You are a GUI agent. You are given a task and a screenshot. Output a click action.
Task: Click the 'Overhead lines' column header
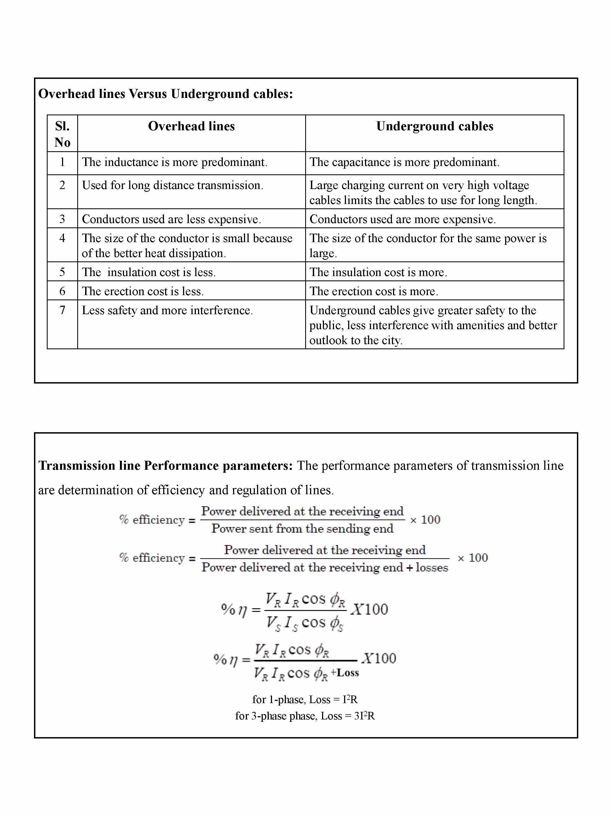pos(191,126)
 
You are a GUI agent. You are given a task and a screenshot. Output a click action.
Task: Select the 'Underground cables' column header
pos(435,126)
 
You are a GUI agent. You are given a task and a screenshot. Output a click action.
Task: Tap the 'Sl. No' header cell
pos(62,134)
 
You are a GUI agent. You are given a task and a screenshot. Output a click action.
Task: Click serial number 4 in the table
pos(62,238)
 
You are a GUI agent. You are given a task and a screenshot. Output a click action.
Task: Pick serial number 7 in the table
pos(62,310)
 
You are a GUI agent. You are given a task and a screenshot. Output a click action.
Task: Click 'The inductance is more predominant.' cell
pos(175,162)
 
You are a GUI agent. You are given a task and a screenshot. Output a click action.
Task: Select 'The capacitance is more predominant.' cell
pos(404,162)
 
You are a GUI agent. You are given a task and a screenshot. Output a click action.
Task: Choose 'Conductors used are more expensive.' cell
pos(403,220)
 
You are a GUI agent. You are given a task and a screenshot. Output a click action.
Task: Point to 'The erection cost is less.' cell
pos(143,291)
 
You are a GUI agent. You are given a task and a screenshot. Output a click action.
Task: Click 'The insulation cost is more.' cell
pos(378,272)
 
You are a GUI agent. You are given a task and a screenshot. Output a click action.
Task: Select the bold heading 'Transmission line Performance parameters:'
pos(166,466)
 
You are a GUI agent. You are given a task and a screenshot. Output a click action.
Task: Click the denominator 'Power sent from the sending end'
pos(302,528)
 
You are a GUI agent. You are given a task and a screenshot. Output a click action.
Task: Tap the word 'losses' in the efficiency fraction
pos(432,567)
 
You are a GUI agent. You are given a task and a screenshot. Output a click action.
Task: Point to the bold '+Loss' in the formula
pos(345,672)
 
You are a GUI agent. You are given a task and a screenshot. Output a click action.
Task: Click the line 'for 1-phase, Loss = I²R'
pos(305,699)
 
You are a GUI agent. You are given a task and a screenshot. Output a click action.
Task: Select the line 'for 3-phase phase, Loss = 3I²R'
pos(305,716)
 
